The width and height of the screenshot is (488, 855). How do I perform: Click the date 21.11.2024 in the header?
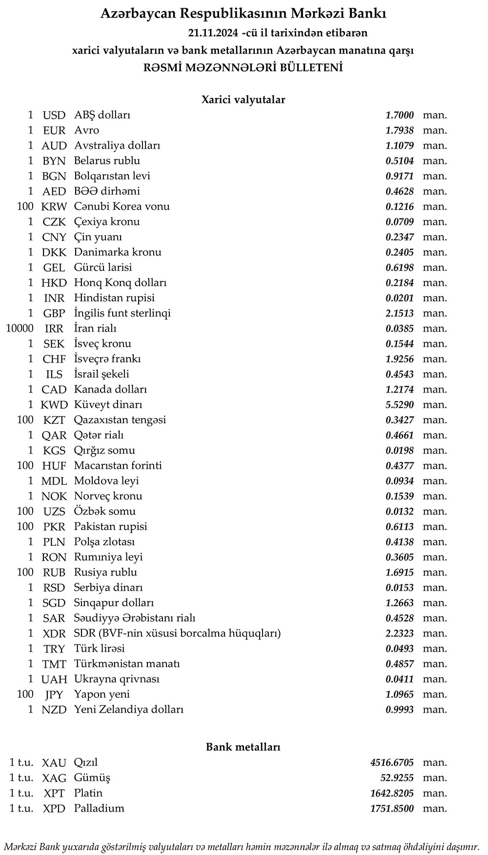click(x=213, y=33)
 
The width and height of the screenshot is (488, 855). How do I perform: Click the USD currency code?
click(x=54, y=116)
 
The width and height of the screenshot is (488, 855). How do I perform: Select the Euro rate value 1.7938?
click(x=399, y=130)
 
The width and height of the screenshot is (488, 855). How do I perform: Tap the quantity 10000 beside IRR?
click(x=20, y=328)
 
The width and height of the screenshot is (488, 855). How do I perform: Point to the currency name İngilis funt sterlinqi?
click(x=122, y=313)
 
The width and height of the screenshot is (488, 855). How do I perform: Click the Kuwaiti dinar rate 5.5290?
click(x=399, y=405)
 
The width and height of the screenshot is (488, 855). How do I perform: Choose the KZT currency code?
click(x=54, y=420)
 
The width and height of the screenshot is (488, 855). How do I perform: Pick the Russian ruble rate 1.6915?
click(x=399, y=573)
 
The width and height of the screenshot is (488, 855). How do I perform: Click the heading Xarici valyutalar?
click(x=243, y=100)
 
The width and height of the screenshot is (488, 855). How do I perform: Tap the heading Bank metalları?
click(x=243, y=747)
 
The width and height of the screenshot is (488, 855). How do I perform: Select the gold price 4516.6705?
click(x=392, y=763)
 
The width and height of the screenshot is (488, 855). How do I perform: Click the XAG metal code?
click(x=54, y=778)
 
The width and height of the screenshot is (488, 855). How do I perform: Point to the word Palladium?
click(x=99, y=808)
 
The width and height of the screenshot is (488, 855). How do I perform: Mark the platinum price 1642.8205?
click(x=392, y=793)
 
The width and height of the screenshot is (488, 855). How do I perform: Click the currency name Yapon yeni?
click(x=102, y=695)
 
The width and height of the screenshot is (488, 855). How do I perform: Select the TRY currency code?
click(x=54, y=649)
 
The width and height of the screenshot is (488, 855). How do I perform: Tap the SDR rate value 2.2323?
click(x=399, y=634)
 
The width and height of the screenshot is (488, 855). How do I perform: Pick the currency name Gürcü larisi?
click(x=102, y=267)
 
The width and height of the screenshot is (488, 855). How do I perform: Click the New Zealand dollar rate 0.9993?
click(x=399, y=710)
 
